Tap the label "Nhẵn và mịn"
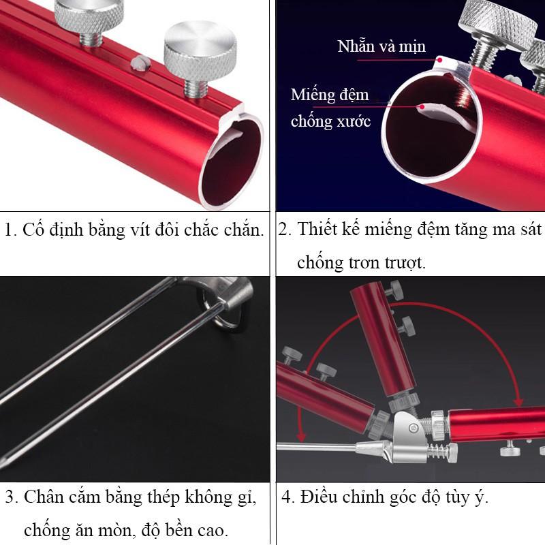381,46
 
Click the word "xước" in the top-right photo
353,122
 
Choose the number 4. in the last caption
288,497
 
